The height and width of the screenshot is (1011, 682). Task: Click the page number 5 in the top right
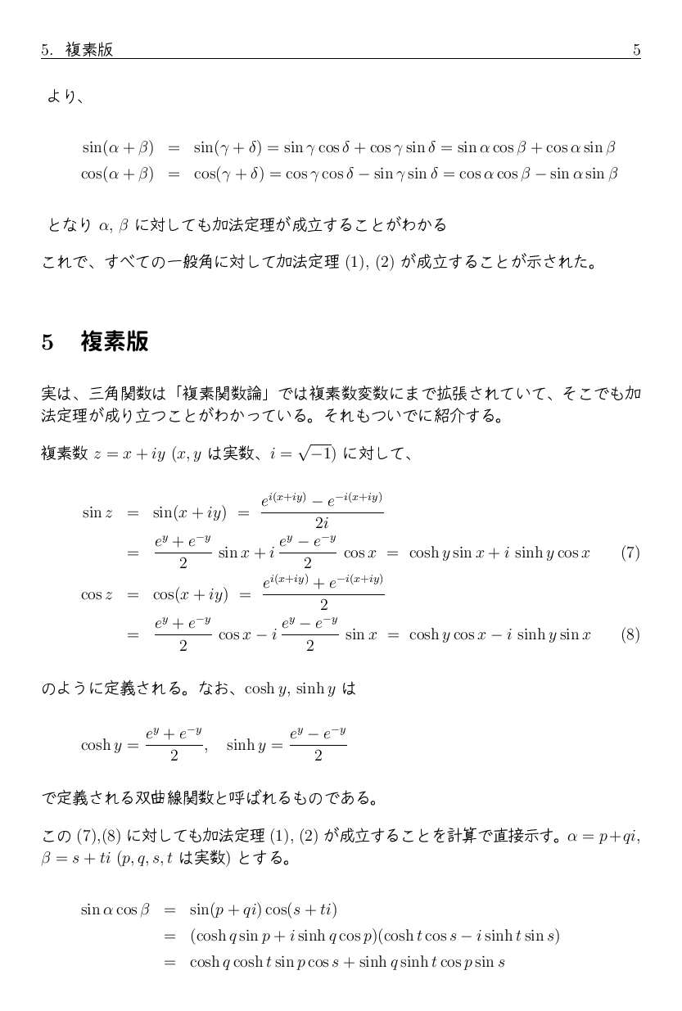(x=636, y=50)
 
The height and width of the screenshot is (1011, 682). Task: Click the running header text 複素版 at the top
(x=89, y=50)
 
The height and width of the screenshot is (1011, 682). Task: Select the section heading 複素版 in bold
(x=115, y=341)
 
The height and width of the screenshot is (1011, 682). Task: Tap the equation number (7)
(x=630, y=553)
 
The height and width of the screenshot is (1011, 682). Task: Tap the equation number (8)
(x=630, y=634)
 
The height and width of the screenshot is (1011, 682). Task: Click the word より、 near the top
(x=66, y=97)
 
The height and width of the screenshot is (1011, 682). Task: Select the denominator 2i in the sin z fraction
(x=322, y=524)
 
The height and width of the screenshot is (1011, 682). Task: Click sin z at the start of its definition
(x=97, y=513)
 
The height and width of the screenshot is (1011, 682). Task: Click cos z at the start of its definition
(x=97, y=595)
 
